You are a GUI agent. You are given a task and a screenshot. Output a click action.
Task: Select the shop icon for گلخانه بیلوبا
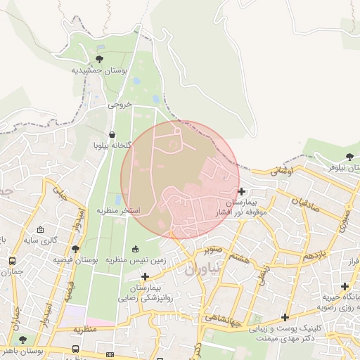112,134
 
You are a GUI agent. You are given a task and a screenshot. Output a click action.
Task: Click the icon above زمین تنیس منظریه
136,248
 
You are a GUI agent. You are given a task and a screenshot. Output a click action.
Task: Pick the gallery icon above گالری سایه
41,230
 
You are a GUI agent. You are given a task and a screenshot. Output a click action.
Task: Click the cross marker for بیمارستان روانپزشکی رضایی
145,276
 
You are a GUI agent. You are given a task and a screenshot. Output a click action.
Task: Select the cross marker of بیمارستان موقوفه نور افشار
241,191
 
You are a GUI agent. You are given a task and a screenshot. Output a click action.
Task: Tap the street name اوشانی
281,171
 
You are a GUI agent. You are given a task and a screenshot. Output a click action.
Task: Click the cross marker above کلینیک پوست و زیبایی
285,317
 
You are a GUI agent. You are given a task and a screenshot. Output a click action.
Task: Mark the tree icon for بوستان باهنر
23,340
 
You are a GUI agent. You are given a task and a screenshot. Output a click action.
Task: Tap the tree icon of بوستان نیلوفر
350,156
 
